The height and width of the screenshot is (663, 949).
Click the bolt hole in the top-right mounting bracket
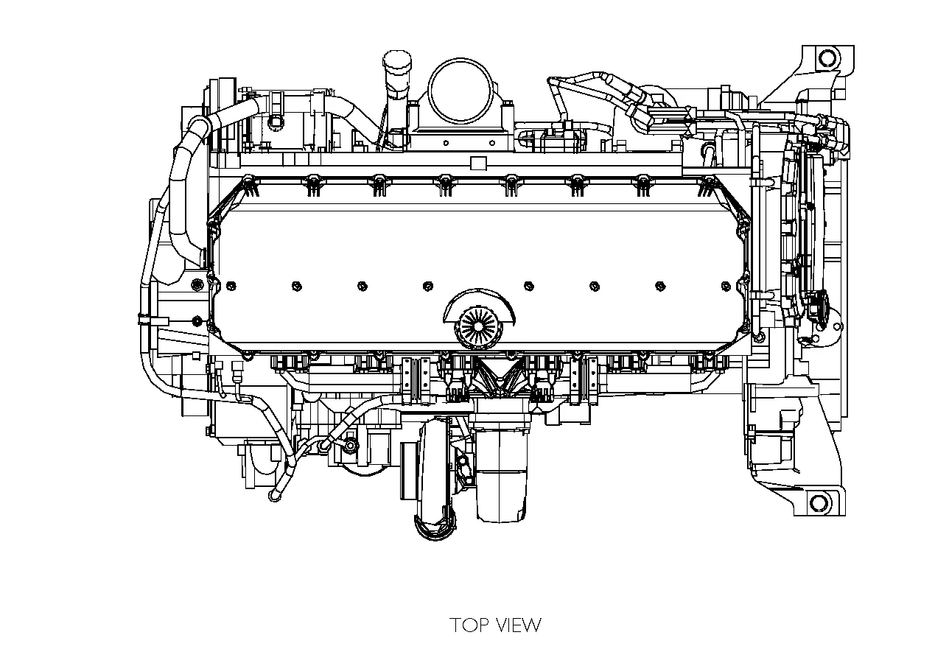(x=827, y=57)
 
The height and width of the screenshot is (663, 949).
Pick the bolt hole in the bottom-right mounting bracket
(x=819, y=503)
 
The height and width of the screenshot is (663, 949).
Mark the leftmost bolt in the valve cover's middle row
(x=230, y=285)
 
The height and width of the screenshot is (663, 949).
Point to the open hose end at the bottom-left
(x=275, y=496)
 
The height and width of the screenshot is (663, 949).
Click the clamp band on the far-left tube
(x=141, y=319)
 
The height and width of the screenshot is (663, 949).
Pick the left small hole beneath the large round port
(x=445, y=143)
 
